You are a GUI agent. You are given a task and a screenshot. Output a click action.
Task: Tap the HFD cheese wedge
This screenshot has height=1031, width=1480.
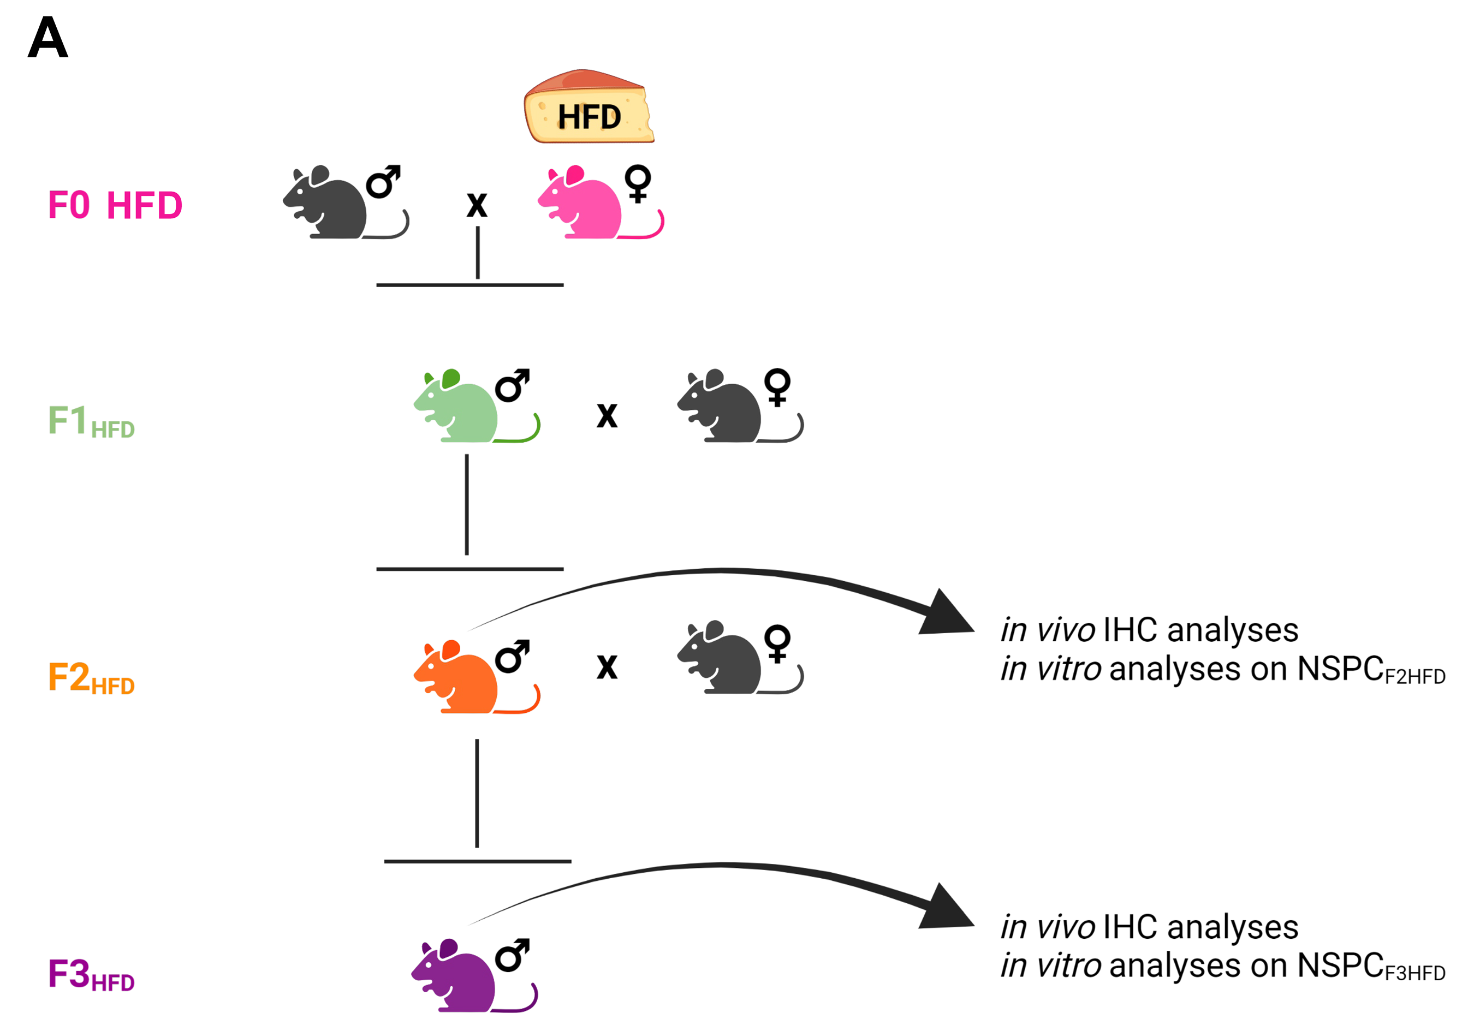589,107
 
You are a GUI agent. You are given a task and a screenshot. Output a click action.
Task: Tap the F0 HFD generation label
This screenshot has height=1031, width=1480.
115,206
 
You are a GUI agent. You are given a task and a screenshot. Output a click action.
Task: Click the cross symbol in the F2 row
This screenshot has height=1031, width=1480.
607,667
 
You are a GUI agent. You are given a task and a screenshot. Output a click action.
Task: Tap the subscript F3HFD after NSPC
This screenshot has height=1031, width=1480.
1415,973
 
